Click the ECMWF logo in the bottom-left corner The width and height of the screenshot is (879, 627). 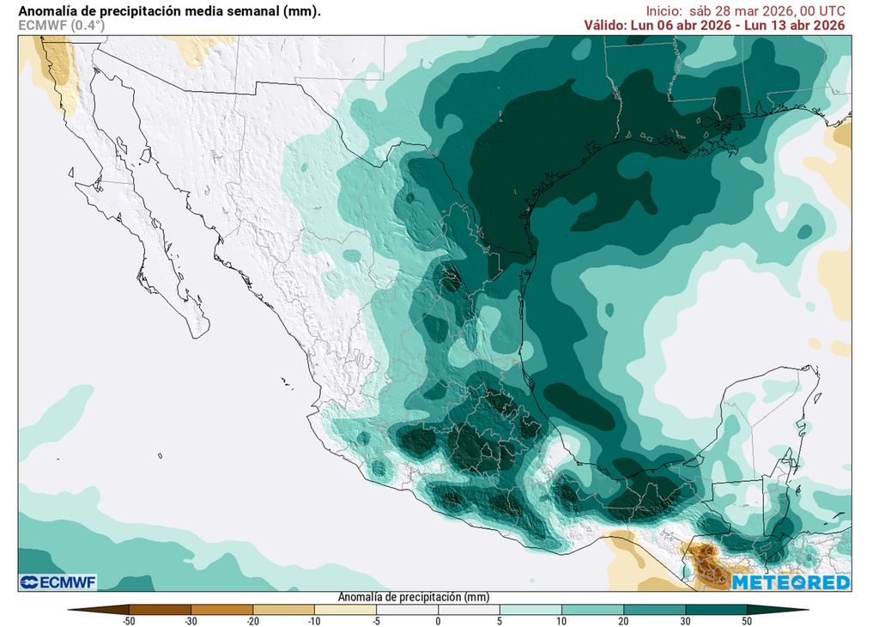(58, 582)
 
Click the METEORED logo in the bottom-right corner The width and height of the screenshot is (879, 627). (791, 582)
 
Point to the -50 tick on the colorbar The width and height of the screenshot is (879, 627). (129, 620)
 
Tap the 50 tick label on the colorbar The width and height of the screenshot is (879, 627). (747, 620)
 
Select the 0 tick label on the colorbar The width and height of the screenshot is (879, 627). (438, 620)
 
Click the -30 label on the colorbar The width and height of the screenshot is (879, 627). (191, 620)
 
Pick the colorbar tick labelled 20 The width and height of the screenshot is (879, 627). (623, 620)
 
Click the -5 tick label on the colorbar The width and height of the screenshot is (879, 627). (376, 620)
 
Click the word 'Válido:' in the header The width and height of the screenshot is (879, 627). (611, 26)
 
